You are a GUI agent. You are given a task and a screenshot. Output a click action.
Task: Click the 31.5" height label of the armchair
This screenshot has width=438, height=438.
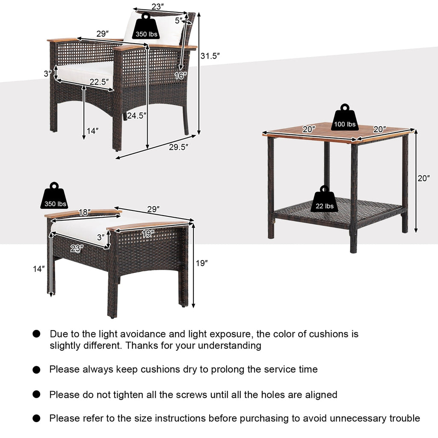210,55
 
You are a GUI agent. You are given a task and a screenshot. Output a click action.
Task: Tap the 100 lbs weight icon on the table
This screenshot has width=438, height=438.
345,119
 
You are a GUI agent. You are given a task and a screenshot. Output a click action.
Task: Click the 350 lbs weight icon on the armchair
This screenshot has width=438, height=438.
146,28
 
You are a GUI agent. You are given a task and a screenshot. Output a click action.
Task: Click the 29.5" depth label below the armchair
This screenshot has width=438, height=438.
179,146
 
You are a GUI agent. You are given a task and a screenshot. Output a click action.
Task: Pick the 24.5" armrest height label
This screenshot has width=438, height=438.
136,115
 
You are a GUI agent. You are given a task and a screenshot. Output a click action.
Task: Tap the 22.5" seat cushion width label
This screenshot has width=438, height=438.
101,81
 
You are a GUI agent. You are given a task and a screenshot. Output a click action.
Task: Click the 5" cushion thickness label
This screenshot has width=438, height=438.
178,20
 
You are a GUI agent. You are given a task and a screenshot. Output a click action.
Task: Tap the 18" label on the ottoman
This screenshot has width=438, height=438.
85,212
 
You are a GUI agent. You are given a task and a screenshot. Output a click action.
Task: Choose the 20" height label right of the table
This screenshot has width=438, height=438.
424,178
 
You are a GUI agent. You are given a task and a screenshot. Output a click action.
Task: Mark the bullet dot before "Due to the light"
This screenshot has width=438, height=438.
37,334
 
